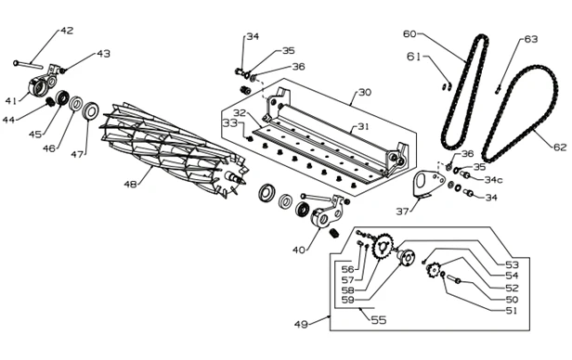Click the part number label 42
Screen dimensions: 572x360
(67, 31)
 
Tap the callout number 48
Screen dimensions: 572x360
(130, 185)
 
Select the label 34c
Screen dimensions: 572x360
(493, 180)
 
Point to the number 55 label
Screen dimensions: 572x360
(379, 320)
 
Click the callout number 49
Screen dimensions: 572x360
(301, 324)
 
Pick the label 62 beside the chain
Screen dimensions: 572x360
(560, 148)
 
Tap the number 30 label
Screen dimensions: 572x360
(364, 92)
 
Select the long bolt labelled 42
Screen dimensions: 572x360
(28, 65)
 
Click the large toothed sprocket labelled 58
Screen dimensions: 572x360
(382, 247)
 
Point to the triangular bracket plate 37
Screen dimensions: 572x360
(428, 184)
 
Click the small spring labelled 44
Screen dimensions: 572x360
(49, 102)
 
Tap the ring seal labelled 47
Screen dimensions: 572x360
(90, 110)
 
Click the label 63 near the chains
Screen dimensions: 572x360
(531, 39)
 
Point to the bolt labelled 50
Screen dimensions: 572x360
(454, 279)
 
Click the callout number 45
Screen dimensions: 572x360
(35, 135)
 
